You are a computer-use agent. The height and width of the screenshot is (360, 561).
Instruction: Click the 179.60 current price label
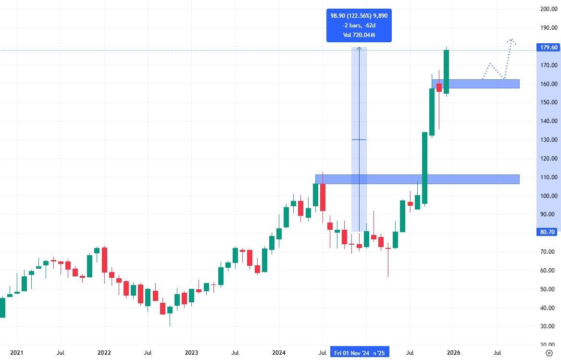pyautogui.click(x=548, y=47)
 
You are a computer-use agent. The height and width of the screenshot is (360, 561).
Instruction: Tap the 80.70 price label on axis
pyautogui.click(x=548, y=232)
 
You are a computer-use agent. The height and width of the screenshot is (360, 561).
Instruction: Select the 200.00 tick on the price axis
pyautogui.click(x=549, y=9)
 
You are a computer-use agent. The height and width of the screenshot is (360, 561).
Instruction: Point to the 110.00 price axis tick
pyautogui.click(x=549, y=177)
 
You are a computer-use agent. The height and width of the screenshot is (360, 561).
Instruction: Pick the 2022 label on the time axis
pyautogui.click(x=104, y=353)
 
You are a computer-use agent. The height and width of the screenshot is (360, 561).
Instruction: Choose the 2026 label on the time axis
pyautogui.click(x=453, y=353)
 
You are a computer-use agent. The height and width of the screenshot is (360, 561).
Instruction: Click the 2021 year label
pyautogui.click(x=17, y=353)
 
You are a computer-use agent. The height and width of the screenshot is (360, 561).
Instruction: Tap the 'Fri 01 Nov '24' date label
pyautogui.click(x=351, y=353)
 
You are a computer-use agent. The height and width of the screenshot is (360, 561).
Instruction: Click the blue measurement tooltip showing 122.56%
pyautogui.click(x=359, y=25)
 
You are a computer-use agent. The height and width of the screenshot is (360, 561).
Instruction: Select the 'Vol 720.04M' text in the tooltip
pyautogui.click(x=359, y=35)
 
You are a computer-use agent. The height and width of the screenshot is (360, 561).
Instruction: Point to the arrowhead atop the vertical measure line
pyautogui.click(x=359, y=48)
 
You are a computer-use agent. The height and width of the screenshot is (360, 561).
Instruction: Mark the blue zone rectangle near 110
pyautogui.click(x=417, y=179)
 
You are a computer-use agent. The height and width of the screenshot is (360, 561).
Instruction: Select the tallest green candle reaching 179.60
pyautogui.click(x=446, y=72)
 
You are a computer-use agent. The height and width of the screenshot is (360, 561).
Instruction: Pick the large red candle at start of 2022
pyautogui.click(x=104, y=260)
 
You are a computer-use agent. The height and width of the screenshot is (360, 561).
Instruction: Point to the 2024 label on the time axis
pyautogui.click(x=279, y=353)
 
